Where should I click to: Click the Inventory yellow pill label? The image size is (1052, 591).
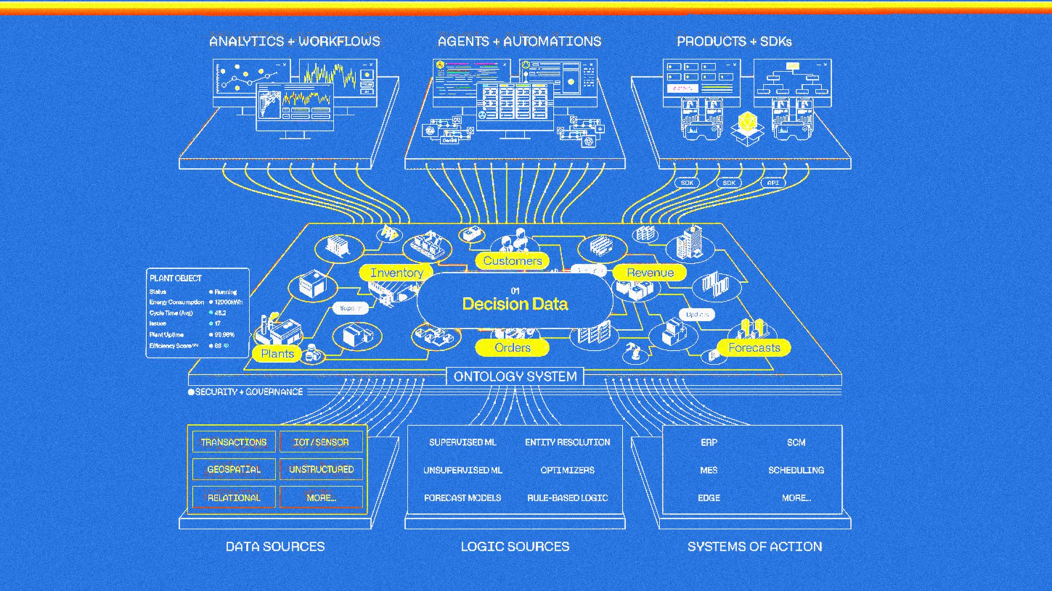(x=396, y=273)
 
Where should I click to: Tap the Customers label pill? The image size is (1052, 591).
(x=512, y=261)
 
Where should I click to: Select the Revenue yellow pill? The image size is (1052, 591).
(x=650, y=273)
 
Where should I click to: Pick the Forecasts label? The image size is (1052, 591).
(x=754, y=348)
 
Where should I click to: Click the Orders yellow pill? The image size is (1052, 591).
(x=512, y=348)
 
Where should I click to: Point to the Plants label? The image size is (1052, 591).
(x=277, y=354)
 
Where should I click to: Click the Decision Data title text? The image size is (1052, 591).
(x=515, y=304)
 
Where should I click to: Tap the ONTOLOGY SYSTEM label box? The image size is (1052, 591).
(x=515, y=376)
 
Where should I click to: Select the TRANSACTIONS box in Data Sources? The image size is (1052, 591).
(x=234, y=442)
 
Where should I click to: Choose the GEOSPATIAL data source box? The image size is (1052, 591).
(x=234, y=470)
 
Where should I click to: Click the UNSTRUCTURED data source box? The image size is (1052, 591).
(x=321, y=470)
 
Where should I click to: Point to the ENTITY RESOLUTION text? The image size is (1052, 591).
(x=567, y=442)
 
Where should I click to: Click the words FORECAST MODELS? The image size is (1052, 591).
(x=462, y=498)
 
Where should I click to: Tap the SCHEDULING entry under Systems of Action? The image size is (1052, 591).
(x=796, y=470)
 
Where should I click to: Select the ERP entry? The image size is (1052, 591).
(x=709, y=442)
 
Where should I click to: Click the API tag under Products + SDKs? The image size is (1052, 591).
(x=773, y=183)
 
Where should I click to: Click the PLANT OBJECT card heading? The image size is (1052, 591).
(x=175, y=279)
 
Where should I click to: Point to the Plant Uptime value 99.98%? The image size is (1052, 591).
(x=224, y=335)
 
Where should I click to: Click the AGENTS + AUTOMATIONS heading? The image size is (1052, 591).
(x=519, y=42)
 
